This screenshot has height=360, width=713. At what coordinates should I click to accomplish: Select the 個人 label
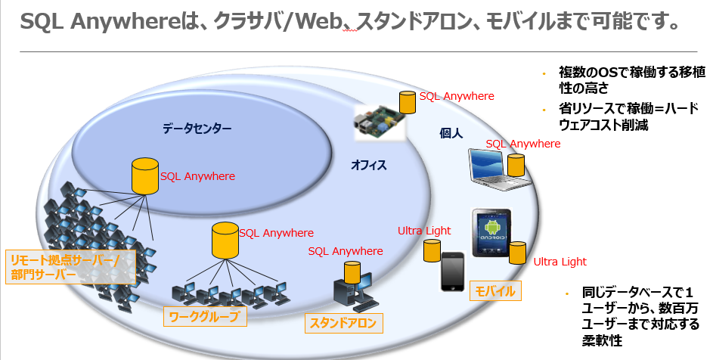[x=451, y=132]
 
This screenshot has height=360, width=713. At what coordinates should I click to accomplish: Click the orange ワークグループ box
[x=206, y=317]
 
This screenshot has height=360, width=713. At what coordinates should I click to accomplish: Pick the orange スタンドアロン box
[x=343, y=324]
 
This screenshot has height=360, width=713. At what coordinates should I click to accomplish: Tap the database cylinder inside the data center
[x=144, y=175]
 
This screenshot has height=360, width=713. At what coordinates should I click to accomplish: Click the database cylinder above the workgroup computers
[x=225, y=239]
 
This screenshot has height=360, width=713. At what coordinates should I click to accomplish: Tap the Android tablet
[x=495, y=234]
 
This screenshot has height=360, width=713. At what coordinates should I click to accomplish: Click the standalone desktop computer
[x=352, y=292]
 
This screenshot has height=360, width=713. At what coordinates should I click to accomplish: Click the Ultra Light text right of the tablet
[x=560, y=262]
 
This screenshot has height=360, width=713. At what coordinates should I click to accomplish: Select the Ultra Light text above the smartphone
[x=424, y=231]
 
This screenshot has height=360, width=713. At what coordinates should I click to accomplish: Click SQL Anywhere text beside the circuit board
[x=457, y=96]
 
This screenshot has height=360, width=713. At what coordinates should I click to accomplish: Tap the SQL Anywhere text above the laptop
[x=522, y=144]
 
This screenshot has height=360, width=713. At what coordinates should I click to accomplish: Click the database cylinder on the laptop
[x=516, y=165]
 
